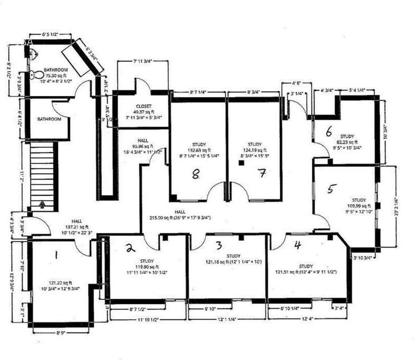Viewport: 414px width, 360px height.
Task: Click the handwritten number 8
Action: tap(195, 175)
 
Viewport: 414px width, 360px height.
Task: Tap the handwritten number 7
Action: tap(262, 174)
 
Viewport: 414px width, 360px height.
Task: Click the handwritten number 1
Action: tap(57, 254)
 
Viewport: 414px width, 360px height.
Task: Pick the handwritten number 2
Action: tap(130, 248)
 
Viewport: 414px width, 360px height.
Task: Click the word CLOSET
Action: tap(143, 106)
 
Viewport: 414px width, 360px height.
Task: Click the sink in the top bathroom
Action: tap(32, 53)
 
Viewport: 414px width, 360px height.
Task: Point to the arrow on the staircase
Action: tap(41, 203)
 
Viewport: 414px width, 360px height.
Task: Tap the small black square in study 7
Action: tap(241, 163)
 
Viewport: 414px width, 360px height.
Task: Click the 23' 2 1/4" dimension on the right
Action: tap(396, 206)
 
